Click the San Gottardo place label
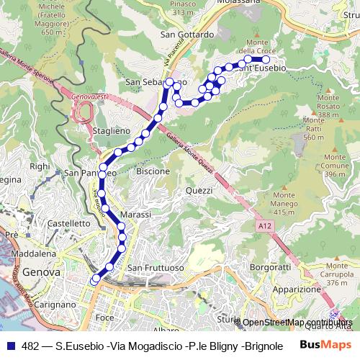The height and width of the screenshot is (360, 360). (x=188, y=34)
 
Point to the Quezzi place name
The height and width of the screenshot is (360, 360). (x=199, y=190)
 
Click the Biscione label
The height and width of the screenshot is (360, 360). (x=153, y=171)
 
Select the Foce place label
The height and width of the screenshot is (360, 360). (x=104, y=317)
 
